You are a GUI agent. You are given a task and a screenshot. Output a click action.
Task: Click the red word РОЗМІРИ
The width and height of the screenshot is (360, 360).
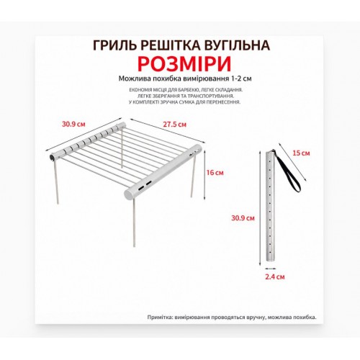(180, 63)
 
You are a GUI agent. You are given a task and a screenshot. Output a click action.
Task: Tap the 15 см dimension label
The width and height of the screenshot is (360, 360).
(305, 153)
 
